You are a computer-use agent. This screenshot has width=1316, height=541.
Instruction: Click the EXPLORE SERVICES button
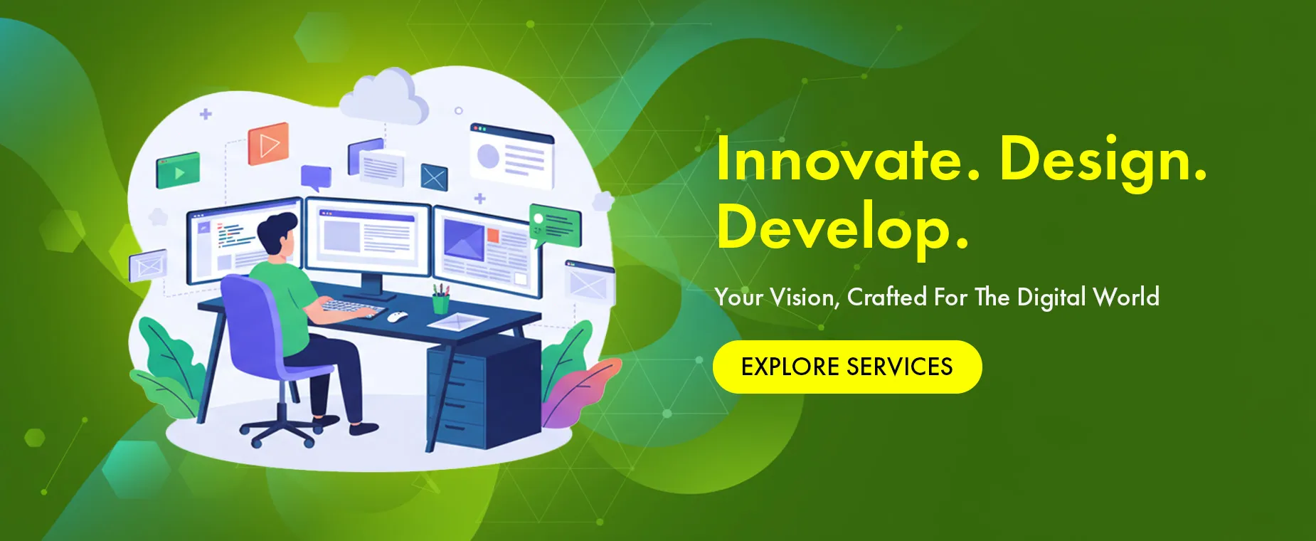tap(847, 367)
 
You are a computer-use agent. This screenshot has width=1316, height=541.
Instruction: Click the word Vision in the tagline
tap(804, 297)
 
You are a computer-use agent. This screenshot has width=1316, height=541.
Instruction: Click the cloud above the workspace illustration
tap(385, 97)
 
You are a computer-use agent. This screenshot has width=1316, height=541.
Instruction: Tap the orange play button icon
tap(268, 144)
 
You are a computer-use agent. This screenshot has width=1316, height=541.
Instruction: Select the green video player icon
tap(178, 171)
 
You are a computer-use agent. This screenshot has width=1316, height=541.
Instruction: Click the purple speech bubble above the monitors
tap(316, 177)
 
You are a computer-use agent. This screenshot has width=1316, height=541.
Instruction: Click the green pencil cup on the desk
tap(441, 302)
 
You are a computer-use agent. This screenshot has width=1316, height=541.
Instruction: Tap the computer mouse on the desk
tap(397, 316)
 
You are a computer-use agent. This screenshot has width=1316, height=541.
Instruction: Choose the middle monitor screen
tap(368, 237)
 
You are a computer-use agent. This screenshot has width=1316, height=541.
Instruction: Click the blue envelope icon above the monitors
tap(433, 177)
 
